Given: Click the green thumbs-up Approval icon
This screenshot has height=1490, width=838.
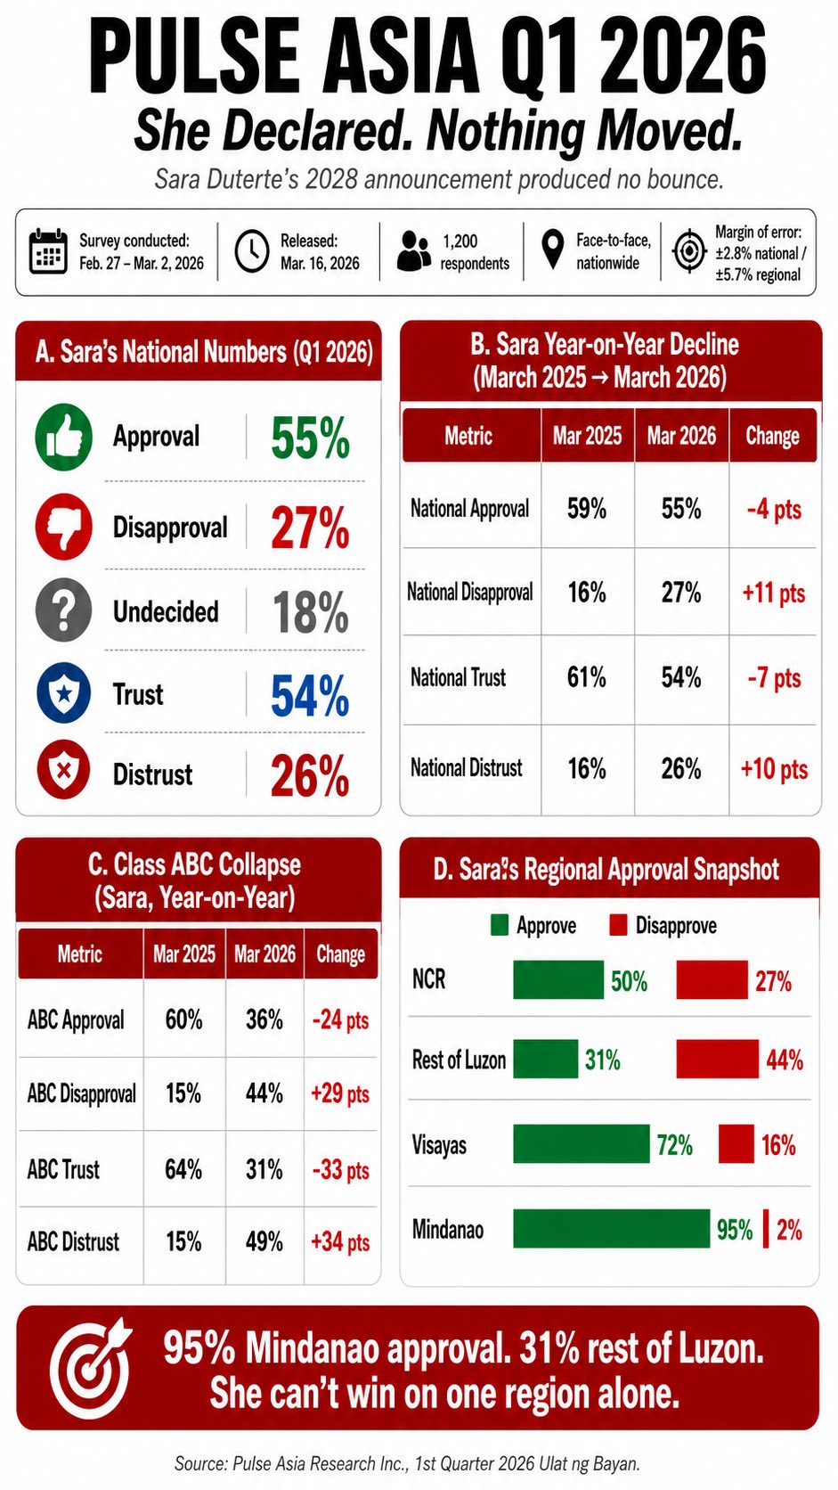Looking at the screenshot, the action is click(64, 437).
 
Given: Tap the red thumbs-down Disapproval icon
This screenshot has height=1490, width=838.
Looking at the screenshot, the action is click(64, 526).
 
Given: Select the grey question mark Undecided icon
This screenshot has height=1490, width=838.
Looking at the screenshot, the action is click(64, 610).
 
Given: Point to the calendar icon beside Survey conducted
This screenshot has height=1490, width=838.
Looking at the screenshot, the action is click(48, 251).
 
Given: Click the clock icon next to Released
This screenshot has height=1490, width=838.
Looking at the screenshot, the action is click(252, 251).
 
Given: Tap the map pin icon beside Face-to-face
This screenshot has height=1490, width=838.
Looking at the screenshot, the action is click(552, 250).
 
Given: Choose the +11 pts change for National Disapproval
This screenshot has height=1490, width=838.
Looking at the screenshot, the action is click(774, 592).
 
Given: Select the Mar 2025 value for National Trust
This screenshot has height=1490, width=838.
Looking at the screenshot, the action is click(587, 677).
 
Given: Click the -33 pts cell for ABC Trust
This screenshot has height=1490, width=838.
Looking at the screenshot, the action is click(340, 1169).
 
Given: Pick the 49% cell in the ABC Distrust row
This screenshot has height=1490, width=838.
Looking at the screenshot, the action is click(264, 1241).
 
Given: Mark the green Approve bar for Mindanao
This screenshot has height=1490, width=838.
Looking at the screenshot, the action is click(612, 1229).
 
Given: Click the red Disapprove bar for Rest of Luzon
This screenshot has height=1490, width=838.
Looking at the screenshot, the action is click(718, 1059).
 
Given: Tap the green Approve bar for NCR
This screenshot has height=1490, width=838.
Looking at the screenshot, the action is click(558, 979).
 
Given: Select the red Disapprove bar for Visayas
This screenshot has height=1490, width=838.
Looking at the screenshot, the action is click(736, 1143).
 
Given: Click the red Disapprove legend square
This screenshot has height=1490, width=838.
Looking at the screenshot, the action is click(619, 925).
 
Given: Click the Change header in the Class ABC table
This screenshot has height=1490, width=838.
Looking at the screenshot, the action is click(340, 954).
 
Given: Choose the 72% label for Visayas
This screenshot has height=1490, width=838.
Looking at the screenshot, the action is click(675, 1145).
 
